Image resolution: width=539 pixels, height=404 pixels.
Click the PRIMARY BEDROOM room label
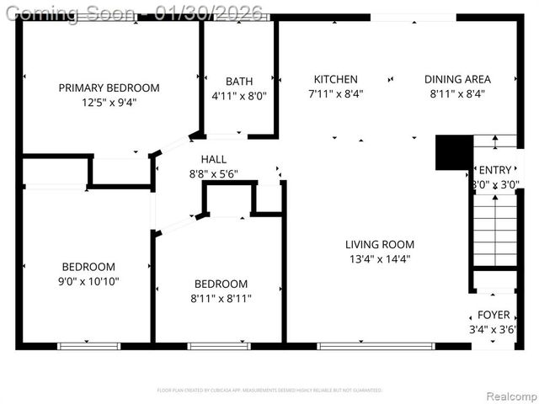(109, 88)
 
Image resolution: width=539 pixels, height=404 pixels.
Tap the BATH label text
(238, 82)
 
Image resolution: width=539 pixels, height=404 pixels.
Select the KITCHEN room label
(336, 79)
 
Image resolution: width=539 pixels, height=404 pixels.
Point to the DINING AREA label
(456, 79)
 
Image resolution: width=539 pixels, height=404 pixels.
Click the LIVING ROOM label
(379, 245)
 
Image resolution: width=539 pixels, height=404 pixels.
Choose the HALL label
(213, 159)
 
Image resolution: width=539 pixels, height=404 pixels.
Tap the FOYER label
(494, 315)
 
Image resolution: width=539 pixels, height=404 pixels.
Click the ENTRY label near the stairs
(494, 170)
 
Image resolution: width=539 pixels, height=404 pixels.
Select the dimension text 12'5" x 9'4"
(109, 103)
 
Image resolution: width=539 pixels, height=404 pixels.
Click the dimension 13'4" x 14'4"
(379, 259)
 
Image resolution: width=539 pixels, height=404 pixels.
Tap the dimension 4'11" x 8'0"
(238, 96)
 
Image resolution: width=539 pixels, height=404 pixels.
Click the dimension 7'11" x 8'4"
(336, 94)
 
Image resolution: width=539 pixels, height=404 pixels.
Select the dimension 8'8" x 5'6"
(213, 174)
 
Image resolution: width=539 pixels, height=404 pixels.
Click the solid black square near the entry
(451, 152)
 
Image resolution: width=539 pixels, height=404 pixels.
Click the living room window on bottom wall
(376, 345)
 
